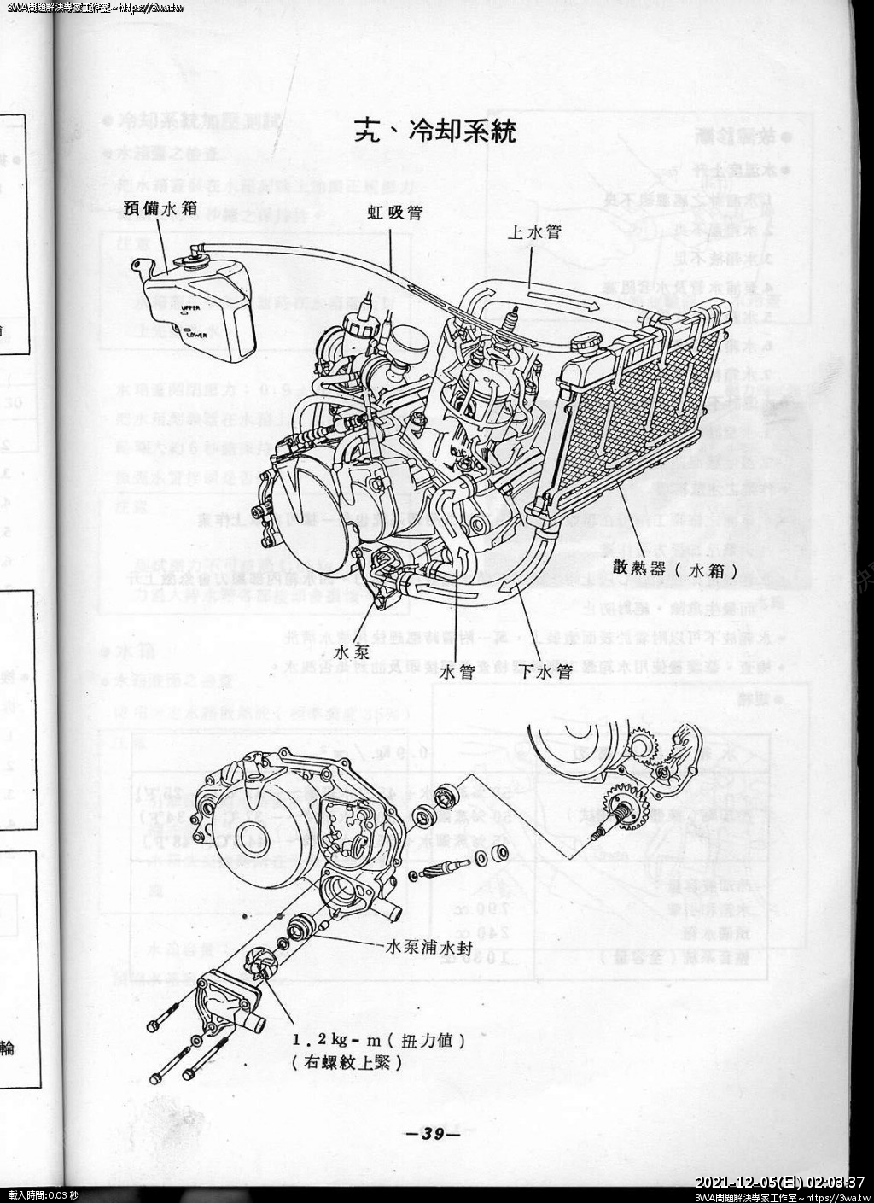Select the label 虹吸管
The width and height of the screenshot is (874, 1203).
[x=394, y=213]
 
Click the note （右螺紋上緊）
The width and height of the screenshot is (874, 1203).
[x=346, y=1063]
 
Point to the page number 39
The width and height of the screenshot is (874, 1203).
[x=434, y=1135]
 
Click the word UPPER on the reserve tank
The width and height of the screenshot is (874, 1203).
[x=189, y=309]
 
